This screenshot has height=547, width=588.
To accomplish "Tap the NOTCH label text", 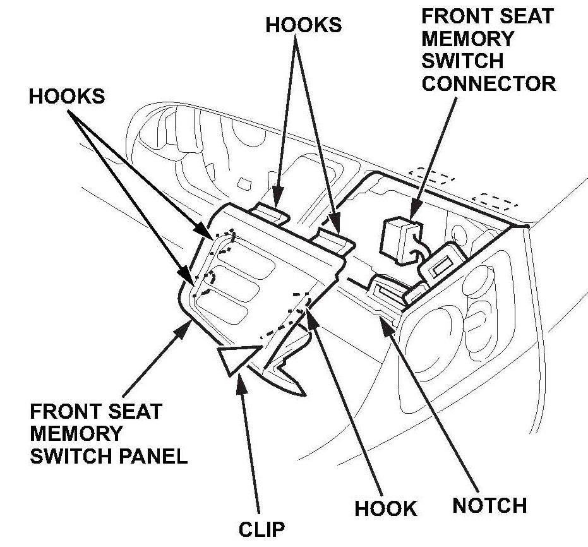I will [489, 505].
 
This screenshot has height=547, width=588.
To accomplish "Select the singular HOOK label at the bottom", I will [385, 508].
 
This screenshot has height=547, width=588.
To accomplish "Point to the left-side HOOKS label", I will [66, 96].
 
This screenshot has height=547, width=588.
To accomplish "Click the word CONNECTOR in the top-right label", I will [489, 83].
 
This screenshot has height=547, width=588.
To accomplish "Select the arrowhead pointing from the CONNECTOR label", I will [414, 215].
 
